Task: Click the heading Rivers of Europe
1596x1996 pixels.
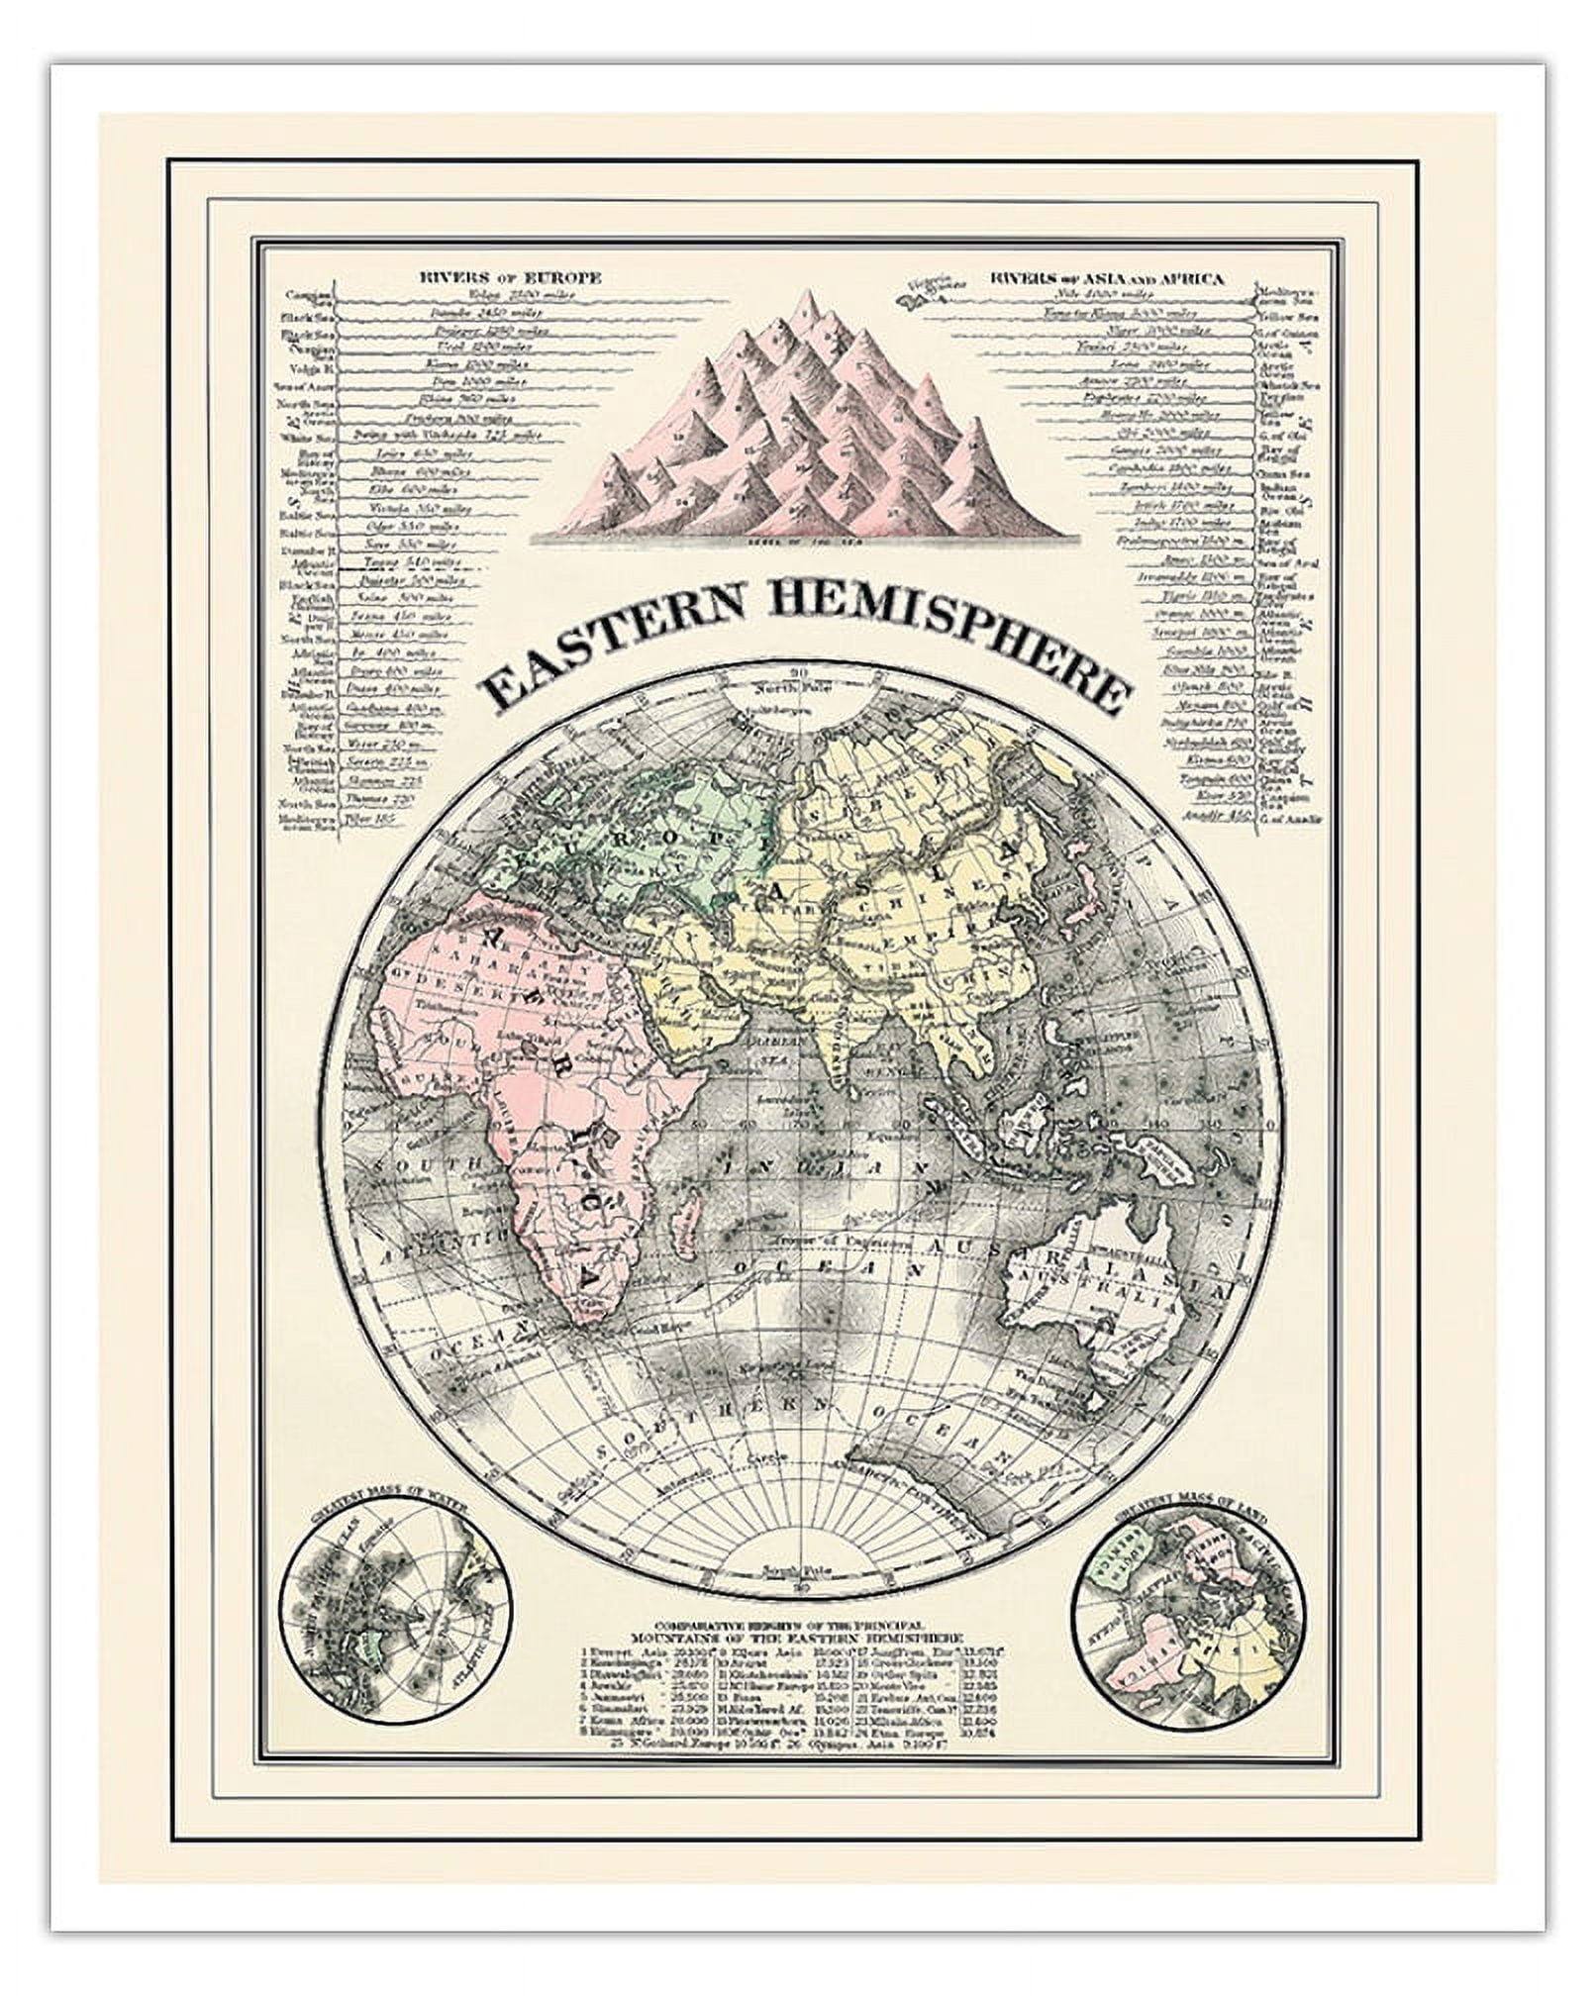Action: tap(509, 278)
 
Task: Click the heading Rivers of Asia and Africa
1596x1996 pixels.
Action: tap(1107, 278)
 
